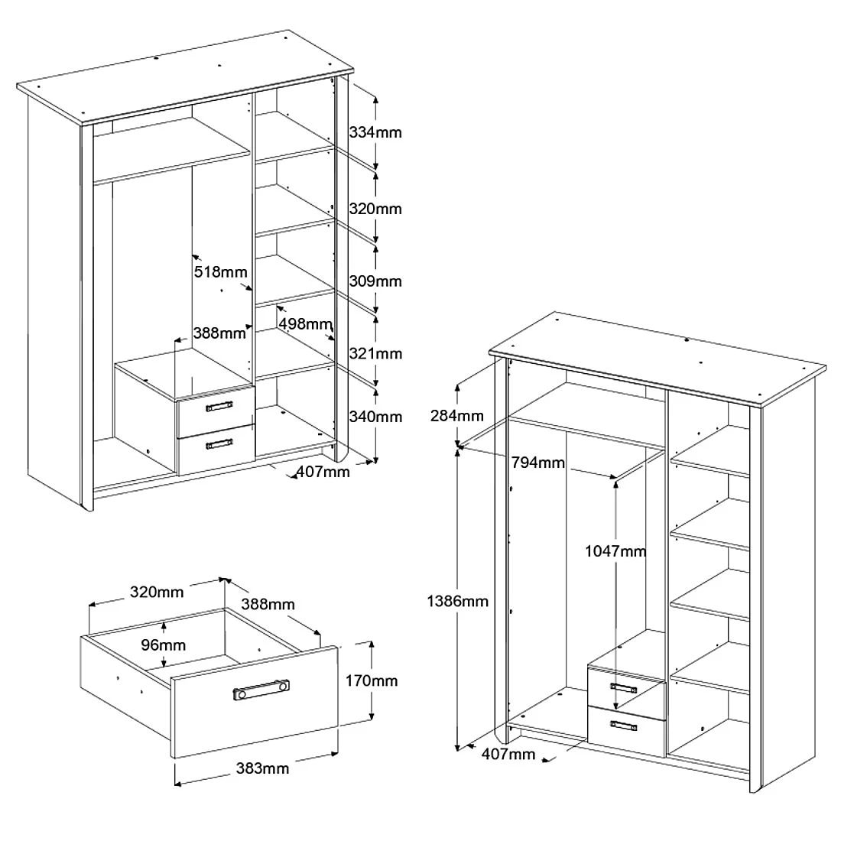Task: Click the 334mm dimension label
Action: click(375, 132)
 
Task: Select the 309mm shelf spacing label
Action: click(375, 281)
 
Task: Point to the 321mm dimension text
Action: click(375, 353)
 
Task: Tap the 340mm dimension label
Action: click(375, 417)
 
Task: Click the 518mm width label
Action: click(220, 272)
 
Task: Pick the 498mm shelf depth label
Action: click(305, 324)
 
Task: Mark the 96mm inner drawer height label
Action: click(163, 645)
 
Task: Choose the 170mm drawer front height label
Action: click(371, 680)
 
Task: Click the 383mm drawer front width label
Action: click(262, 768)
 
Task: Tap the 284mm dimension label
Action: click(457, 416)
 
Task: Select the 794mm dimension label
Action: click(538, 463)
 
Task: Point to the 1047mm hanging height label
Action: click(615, 550)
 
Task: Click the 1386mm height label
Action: click(457, 601)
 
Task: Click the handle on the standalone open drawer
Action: click(261, 690)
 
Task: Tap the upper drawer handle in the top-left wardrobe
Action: click(219, 406)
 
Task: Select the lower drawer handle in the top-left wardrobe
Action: click(219, 443)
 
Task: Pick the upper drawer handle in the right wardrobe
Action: click(623, 688)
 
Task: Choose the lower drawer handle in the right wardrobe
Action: click(623, 725)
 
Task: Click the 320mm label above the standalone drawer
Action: click(157, 592)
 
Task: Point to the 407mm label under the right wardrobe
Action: click(508, 754)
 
